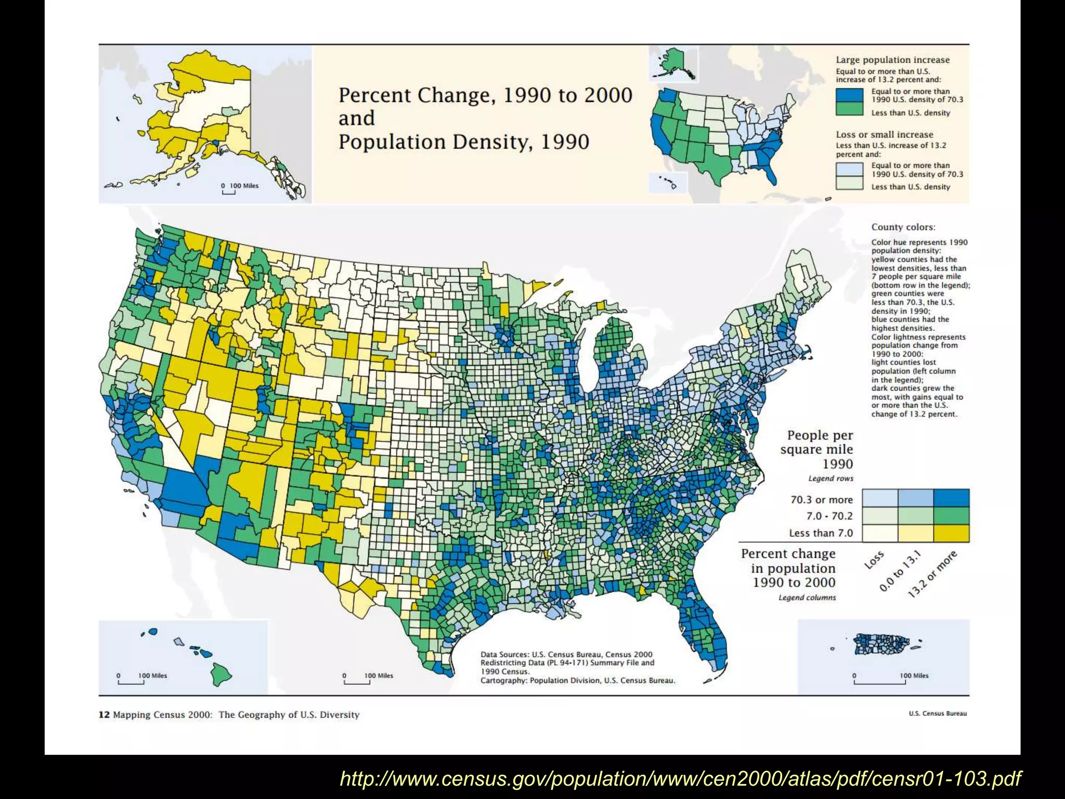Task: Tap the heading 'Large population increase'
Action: (x=892, y=60)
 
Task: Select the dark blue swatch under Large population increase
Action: (x=849, y=95)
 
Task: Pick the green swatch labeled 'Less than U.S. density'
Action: (x=849, y=109)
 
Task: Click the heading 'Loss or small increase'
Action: (x=884, y=134)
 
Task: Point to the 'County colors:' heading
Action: (x=903, y=227)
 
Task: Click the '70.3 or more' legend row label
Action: (x=821, y=500)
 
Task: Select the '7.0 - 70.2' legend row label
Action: (x=829, y=516)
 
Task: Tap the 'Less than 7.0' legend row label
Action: (x=821, y=533)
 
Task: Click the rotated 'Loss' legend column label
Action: (x=874, y=560)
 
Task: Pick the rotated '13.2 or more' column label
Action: (x=932, y=575)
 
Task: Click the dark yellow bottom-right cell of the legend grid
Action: (x=951, y=533)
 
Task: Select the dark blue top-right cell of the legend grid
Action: (x=951, y=498)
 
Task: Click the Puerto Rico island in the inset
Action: (x=881, y=644)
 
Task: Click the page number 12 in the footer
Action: (x=104, y=715)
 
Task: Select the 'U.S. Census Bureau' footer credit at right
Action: (x=937, y=713)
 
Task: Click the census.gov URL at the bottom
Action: (x=680, y=778)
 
